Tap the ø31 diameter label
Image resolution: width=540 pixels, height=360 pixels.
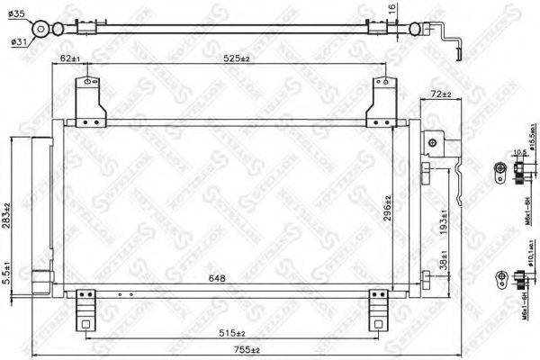(18, 39)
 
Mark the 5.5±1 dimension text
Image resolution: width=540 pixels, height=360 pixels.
(7, 273)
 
